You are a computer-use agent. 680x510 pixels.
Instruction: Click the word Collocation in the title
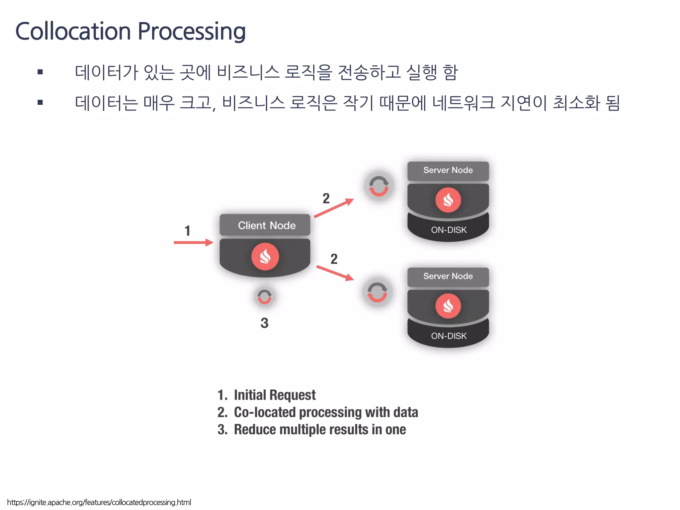coord(73,31)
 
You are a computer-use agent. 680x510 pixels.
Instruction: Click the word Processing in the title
coord(192,31)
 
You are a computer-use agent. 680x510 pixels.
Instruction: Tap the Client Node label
coord(266,225)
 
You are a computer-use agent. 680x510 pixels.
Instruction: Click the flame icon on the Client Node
coord(265,257)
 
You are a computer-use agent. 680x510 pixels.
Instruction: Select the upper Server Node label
coord(448,170)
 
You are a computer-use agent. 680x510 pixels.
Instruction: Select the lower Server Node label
coord(448,276)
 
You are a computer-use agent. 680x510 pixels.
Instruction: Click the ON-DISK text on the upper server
coord(449,230)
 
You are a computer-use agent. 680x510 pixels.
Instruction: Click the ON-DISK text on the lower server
coord(449,336)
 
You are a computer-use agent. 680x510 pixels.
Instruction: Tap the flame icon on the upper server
coord(448,200)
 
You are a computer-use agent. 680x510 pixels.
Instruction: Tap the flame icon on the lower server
coord(448,306)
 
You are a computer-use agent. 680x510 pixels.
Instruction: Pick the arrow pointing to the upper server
coord(334,208)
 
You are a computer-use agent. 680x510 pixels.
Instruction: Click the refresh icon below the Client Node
coord(265,297)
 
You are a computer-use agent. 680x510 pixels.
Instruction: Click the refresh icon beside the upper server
coord(379,186)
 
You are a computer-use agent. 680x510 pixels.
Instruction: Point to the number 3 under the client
coord(264,323)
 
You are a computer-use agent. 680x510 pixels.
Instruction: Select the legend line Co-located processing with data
coord(317,412)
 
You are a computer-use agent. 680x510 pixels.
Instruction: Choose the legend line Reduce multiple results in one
coord(311,429)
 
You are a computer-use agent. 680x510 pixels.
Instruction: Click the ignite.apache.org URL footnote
coord(99,502)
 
